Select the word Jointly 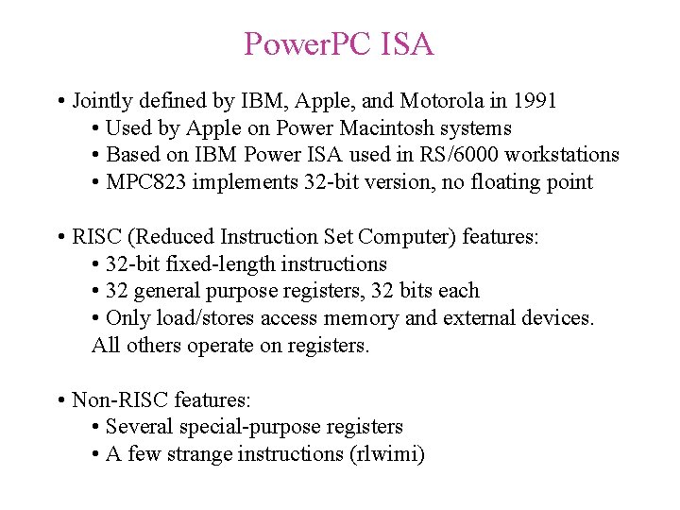pos(103,100)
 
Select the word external pos(481,318)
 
